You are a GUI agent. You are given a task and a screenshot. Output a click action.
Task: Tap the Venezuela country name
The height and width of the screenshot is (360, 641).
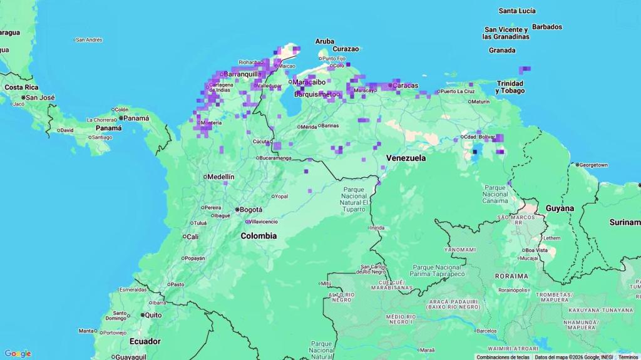pos(406,158)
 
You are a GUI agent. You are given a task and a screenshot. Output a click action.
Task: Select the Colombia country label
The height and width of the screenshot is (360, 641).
pos(259,236)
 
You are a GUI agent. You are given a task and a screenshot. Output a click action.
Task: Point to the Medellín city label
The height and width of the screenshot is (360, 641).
pos(220,177)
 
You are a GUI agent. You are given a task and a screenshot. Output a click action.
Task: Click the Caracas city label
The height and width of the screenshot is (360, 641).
pos(405,85)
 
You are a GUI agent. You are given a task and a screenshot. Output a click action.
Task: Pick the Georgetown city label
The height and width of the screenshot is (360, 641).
pos(593,165)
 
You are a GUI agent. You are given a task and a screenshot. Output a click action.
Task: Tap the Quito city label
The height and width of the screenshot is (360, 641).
pos(153,315)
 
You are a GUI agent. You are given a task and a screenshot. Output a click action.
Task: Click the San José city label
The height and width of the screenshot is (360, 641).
pos(41,98)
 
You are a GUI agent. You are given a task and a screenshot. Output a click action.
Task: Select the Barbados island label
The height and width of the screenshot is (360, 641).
pos(547,27)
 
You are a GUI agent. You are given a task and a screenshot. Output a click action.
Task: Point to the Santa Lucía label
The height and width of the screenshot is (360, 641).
pos(517,11)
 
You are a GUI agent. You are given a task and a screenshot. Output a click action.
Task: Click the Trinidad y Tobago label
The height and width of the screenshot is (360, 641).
pos(510,87)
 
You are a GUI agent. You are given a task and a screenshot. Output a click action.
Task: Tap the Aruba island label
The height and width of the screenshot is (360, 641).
pos(324,41)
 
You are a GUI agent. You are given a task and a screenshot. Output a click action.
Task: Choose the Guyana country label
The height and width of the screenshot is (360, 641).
pos(559,208)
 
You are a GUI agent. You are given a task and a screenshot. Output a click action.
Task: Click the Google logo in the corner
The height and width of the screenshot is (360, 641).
pos(18,354)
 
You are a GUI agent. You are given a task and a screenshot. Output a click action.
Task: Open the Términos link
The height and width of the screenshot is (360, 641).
pos(628,357)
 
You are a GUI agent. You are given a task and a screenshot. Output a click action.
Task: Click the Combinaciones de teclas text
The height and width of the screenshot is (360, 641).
pos(503,357)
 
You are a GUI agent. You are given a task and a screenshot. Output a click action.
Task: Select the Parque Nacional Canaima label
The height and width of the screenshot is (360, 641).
pos(495,194)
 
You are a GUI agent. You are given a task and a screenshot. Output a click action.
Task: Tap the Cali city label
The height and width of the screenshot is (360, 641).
pos(192,237)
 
